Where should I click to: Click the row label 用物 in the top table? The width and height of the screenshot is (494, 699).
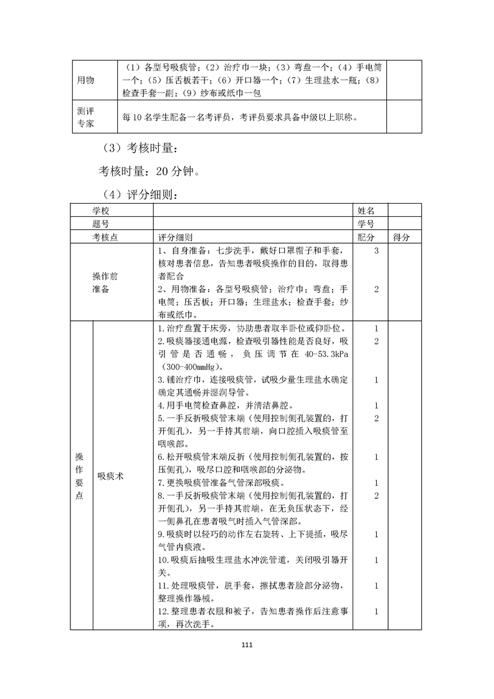(85, 80)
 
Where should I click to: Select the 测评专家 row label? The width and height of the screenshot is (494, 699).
(85, 117)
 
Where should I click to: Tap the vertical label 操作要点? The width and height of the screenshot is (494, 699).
(78, 475)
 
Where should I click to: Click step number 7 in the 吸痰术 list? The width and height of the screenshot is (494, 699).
(161, 483)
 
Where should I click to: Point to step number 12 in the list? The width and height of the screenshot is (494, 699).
(163, 611)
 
